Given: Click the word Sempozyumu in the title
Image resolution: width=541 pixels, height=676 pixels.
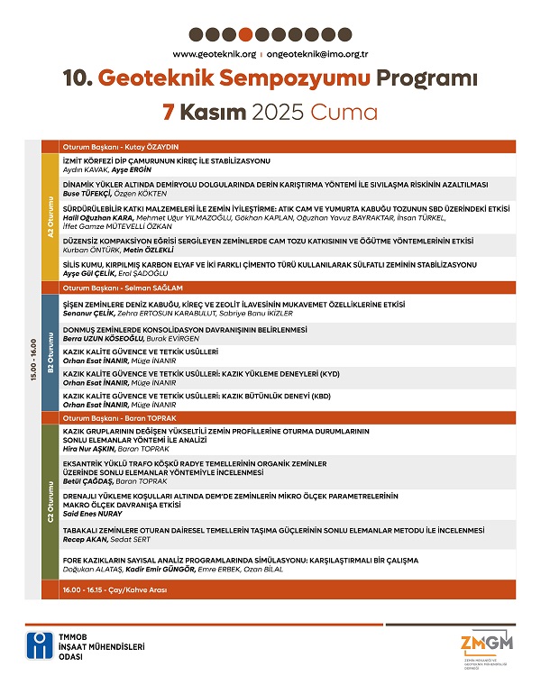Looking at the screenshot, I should (x=262, y=79).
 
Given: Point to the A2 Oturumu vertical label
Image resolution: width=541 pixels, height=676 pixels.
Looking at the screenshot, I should (x=50, y=216).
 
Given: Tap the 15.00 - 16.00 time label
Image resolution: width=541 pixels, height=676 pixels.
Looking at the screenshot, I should (x=32, y=361).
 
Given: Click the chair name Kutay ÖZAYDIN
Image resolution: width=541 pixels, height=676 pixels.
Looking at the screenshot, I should (x=152, y=146).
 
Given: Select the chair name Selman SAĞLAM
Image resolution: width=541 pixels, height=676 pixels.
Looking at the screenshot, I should (x=153, y=287).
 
